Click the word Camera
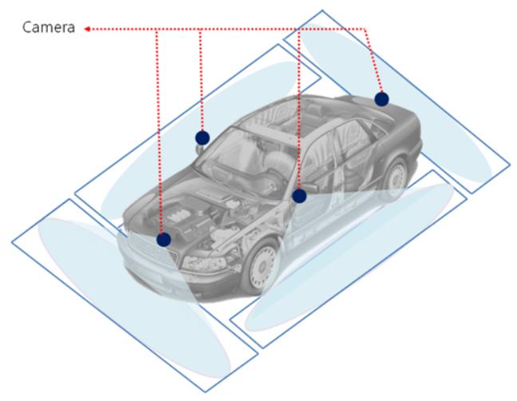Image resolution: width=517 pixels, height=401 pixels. (x=49, y=27)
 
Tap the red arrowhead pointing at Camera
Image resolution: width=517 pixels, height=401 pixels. (x=87, y=29)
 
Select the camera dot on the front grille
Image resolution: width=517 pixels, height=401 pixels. (x=164, y=239)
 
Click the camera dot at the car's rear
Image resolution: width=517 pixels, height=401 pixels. (x=381, y=99)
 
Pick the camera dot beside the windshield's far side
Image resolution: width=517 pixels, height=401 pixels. (x=202, y=138)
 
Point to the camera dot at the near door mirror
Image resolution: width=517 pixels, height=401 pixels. (x=299, y=196)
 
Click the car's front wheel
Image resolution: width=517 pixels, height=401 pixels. (x=262, y=267)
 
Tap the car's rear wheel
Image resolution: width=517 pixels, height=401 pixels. (x=394, y=179)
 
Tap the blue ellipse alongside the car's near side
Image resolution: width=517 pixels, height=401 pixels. (x=349, y=257)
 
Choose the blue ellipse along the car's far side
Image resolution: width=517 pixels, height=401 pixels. (x=198, y=142)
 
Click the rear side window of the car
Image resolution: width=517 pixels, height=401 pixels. (x=353, y=139)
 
